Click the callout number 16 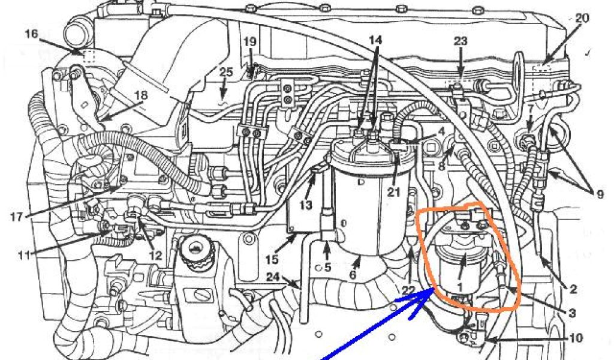(32, 35)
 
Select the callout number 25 (225, 72)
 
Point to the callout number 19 (250, 42)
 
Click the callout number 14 (375, 40)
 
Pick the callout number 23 (460, 43)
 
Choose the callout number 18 (141, 95)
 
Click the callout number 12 (156, 255)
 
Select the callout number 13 (306, 205)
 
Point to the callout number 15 (273, 260)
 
